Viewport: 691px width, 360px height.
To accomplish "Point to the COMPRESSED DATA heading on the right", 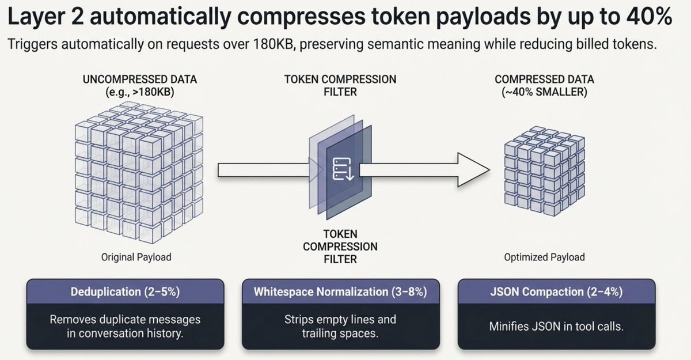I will click(544, 79).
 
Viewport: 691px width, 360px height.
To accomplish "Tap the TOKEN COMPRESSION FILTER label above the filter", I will click(341, 86).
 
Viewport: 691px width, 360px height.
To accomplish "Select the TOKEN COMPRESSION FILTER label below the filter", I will click(340, 247).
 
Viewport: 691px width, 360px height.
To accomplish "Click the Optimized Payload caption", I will click(544, 257).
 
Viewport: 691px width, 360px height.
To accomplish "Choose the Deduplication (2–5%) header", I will click(125, 291).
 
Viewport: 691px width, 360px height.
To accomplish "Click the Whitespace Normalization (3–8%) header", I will click(340, 291).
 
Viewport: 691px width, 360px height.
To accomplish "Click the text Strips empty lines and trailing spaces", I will click(340, 327).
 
